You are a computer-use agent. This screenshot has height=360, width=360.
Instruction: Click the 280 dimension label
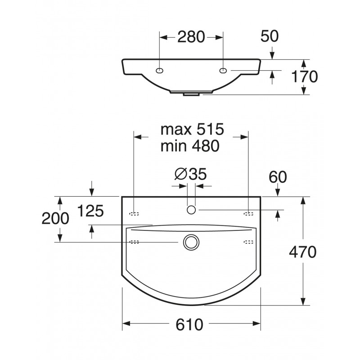point(191,37)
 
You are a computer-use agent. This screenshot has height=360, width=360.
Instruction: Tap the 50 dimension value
point(270,36)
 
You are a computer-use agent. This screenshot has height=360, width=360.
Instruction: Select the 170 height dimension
point(305,76)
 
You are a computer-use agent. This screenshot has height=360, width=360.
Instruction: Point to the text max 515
point(192,129)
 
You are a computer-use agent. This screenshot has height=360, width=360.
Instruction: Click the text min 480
point(190,145)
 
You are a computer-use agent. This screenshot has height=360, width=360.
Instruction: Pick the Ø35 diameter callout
point(190,174)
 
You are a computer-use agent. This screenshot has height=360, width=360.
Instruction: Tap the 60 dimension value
point(278,177)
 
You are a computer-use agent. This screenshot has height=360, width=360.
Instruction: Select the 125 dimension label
point(91,211)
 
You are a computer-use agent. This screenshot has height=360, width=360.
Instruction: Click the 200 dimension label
point(55,218)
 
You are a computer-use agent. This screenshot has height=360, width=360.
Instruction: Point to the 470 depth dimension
point(302,252)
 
